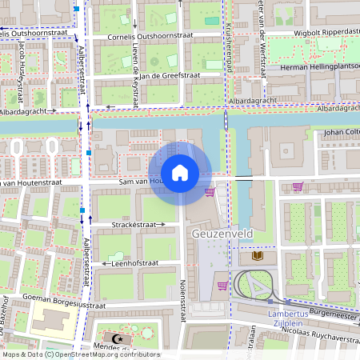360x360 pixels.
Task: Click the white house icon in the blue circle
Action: click(x=180, y=173)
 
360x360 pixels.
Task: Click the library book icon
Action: click(x=257, y=257)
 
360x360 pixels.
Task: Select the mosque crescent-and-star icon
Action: click(x=119, y=339)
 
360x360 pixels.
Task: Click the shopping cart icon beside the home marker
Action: click(x=210, y=192)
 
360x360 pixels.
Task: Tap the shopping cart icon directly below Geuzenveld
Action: click(x=222, y=285)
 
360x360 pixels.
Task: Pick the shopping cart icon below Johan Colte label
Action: click(x=298, y=187)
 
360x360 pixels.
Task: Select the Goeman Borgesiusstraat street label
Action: click(x=70, y=305)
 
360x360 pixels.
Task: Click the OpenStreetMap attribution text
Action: click(x=80, y=354)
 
